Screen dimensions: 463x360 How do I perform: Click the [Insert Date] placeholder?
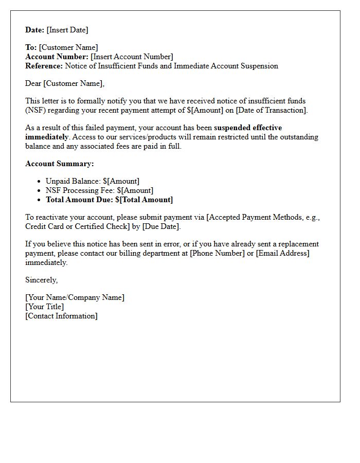67,30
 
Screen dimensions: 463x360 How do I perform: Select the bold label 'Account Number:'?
57,57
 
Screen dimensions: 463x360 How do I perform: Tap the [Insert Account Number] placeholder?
132,57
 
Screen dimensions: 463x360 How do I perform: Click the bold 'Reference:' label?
44,66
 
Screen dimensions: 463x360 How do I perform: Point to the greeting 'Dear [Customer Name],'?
65,83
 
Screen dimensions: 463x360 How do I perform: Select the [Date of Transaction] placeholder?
271,110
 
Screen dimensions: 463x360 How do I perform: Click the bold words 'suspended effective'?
248,128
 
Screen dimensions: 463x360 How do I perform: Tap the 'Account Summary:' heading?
60,164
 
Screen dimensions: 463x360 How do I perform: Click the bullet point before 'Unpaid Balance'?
40,181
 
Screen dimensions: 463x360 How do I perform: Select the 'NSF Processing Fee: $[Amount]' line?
99,190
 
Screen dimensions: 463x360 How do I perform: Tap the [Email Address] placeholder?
283,253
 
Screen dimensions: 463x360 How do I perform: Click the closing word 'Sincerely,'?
42,280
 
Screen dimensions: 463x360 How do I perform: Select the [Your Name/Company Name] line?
75,297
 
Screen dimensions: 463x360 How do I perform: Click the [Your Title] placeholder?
45,307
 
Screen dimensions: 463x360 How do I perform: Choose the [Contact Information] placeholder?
61,316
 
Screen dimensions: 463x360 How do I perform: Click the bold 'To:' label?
31,47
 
